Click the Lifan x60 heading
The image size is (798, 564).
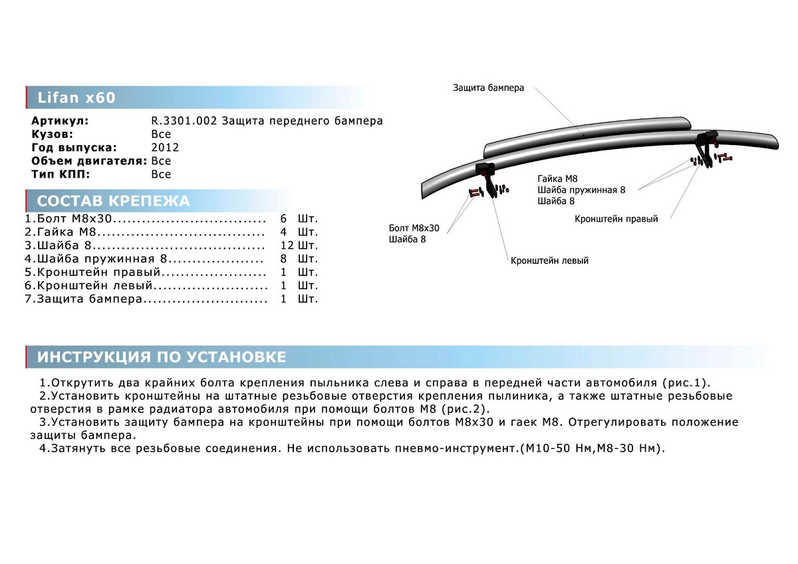point(75,98)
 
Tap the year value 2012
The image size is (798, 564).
point(165,148)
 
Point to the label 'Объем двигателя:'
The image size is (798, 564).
point(89,161)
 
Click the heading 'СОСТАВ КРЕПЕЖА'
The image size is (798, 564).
point(113,202)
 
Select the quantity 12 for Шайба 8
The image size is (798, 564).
point(287,245)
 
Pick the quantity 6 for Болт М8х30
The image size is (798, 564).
point(284,218)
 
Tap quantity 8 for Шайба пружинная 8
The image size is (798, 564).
point(284,258)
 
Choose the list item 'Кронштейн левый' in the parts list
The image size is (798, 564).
point(90,285)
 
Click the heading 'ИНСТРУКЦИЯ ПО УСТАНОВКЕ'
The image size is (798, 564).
point(162,357)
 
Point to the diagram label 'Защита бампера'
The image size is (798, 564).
point(489,88)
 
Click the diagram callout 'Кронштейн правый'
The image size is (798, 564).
point(617,219)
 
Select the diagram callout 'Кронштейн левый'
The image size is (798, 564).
point(549,261)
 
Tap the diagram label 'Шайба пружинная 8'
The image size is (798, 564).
point(582,190)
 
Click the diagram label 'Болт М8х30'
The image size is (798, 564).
point(414,227)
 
